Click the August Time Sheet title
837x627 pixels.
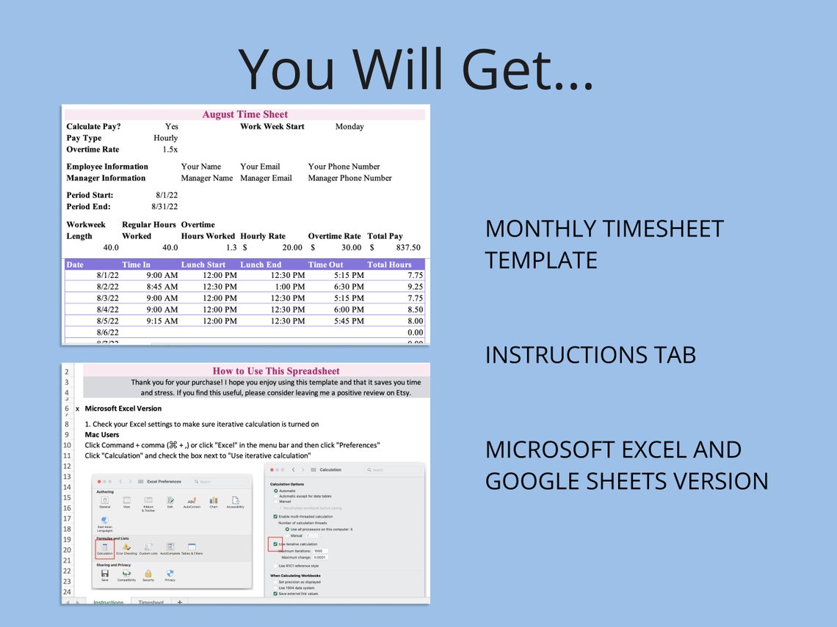pyautogui.click(x=244, y=114)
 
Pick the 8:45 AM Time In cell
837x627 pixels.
pyautogui.click(x=162, y=287)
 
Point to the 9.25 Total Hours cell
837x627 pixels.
pyautogui.click(x=414, y=287)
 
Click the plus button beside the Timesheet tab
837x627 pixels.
pyautogui.click(x=179, y=602)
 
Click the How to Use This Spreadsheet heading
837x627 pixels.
pyautogui.click(x=276, y=371)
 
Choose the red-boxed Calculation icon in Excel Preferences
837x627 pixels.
pyautogui.click(x=104, y=548)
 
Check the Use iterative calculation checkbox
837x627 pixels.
pyautogui.click(x=275, y=544)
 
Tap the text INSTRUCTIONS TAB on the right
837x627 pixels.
pyautogui.click(x=590, y=355)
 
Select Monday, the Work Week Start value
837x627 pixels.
pyautogui.click(x=349, y=127)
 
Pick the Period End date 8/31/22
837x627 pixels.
pyautogui.click(x=164, y=207)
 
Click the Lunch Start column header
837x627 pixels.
pyautogui.click(x=203, y=265)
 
